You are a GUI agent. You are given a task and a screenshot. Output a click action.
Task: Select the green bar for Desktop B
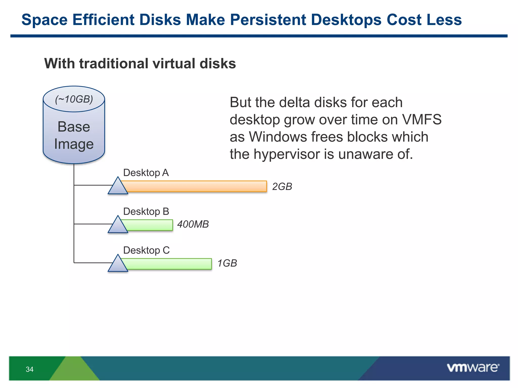149,225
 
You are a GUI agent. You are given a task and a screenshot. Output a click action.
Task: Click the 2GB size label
282,187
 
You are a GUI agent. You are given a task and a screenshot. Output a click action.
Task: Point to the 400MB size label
193,224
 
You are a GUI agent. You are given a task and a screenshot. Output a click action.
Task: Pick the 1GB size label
227,263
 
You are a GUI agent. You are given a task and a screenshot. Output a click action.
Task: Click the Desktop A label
146,173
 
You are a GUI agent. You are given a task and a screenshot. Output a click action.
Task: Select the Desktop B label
146,211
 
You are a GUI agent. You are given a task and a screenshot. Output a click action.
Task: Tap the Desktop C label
146,250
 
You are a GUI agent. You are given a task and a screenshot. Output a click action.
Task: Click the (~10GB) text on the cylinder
74,99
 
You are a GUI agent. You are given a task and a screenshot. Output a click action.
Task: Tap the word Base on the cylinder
74,127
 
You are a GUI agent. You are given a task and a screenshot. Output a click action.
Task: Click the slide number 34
30,369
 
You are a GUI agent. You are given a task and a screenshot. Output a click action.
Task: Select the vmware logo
473,368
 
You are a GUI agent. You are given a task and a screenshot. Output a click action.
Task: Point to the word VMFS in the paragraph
422,119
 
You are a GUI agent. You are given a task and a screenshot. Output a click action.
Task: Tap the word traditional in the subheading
114,63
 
